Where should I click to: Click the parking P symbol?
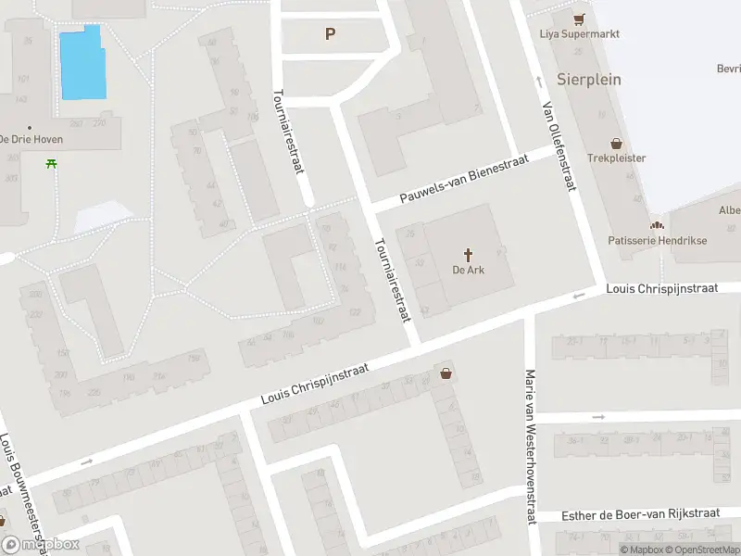(x=329, y=34)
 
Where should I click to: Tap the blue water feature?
(x=82, y=62)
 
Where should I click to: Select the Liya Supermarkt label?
(x=579, y=34)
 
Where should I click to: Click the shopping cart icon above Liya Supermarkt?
(x=579, y=18)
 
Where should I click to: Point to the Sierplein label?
(x=588, y=79)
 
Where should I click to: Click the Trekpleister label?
(x=616, y=158)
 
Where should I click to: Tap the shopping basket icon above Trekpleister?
(x=617, y=143)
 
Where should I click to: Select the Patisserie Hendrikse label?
(x=657, y=240)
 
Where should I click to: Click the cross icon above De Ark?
(x=469, y=254)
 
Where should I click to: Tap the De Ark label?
(x=469, y=271)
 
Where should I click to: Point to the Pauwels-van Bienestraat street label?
(x=464, y=181)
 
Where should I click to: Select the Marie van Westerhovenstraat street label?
(x=531, y=448)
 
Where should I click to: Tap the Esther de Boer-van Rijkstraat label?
(x=641, y=514)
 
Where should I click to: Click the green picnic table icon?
(x=50, y=164)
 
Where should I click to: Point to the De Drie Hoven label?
(x=31, y=139)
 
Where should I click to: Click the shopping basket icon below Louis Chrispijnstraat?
(x=447, y=374)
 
